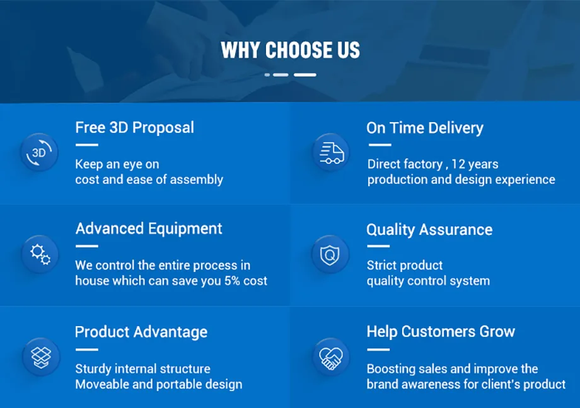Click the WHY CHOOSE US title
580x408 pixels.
290,50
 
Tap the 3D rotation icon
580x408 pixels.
39,152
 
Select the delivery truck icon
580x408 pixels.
331,152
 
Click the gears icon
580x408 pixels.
40,254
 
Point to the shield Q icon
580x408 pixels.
330,254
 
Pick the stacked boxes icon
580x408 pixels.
41,357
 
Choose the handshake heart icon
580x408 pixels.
331,358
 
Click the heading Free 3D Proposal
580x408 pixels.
135,128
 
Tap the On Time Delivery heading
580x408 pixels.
425,128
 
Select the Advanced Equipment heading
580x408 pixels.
149,229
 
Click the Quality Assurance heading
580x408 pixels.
429,230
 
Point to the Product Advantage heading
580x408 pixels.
141,332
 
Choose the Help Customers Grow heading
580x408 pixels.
441,331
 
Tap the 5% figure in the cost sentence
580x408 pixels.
232,281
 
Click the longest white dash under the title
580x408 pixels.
304,75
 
